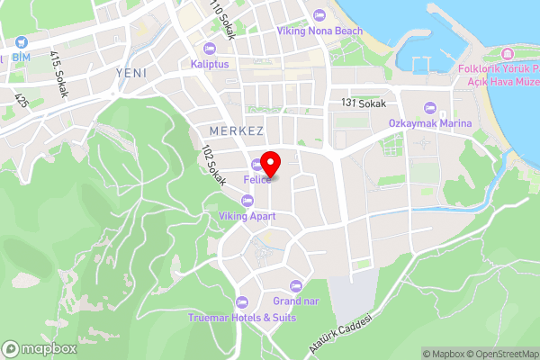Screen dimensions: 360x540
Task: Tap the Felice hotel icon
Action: (x=257, y=164)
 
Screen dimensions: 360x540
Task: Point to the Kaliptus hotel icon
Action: (x=210, y=49)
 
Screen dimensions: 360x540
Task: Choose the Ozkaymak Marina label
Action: (x=429, y=122)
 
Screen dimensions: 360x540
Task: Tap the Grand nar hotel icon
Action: (x=291, y=285)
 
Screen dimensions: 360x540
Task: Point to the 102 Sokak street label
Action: (x=212, y=162)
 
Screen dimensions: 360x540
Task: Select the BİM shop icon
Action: (x=20, y=42)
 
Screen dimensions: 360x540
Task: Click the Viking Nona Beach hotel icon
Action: (x=320, y=15)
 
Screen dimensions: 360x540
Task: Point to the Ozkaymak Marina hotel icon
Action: (x=429, y=107)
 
